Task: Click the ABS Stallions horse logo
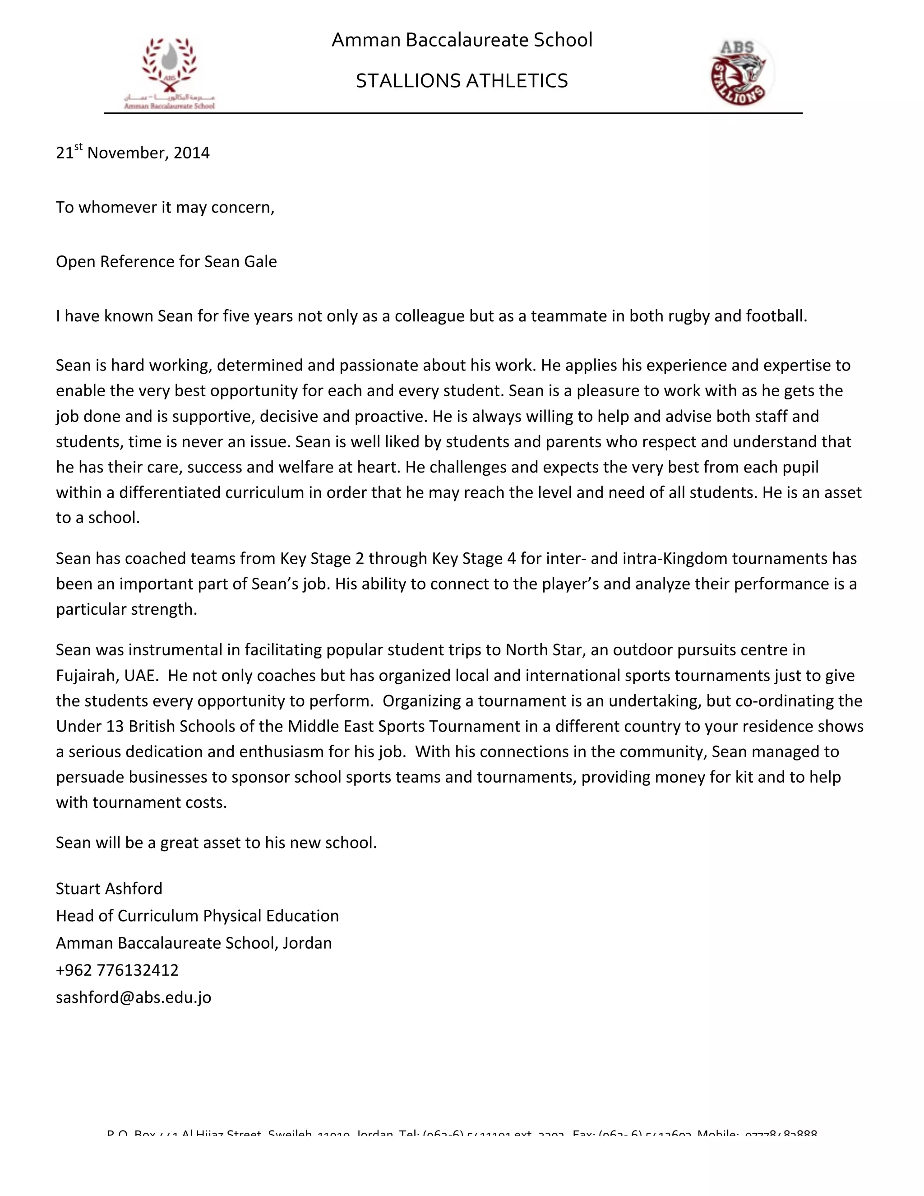coord(742,72)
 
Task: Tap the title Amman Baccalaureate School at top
coord(462,40)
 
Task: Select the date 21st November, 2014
coord(133,152)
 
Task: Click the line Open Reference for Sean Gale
coord(166,262)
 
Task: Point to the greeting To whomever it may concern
coord(165,207)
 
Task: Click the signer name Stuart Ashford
coord(109,888)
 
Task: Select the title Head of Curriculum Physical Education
coord(197,916)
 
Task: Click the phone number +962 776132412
coord(117,970)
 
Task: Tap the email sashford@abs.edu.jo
coord(133,997)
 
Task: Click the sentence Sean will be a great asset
coord(216,842)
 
